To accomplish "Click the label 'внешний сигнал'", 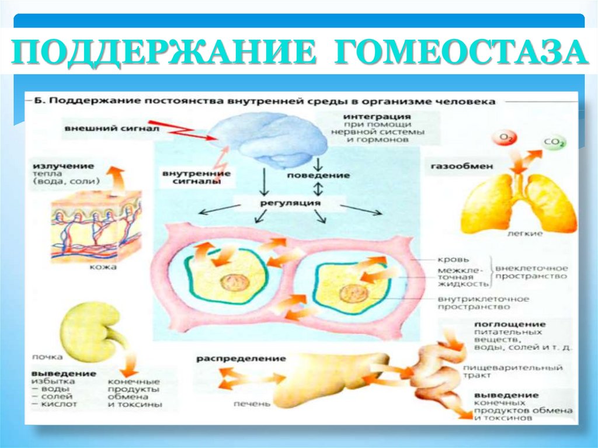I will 98,128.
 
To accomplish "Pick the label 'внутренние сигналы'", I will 195,178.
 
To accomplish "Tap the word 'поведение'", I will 318,175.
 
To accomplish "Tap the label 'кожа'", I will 104,267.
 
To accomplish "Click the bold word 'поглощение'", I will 509,324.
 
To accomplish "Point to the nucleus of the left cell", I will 234,283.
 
